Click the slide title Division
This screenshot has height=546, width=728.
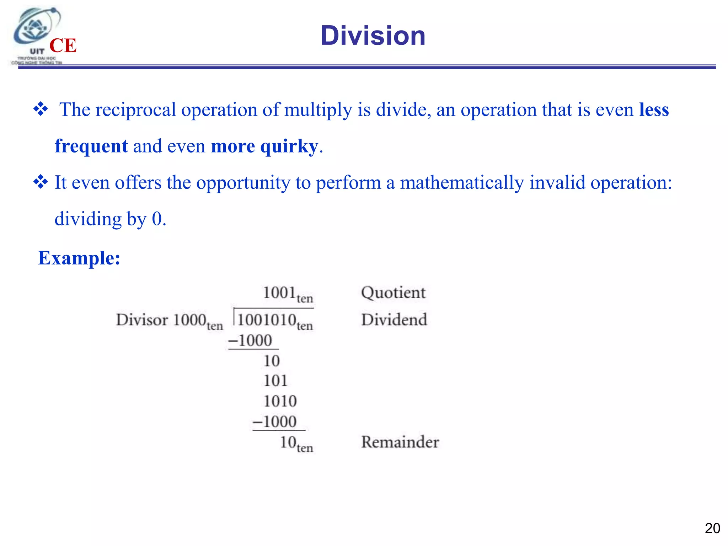pyautogui.click(x=373, y=36)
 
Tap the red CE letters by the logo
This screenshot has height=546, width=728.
pyautogui.click(x=63, y=45)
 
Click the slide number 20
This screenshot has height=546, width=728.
pyautogui.click(x=712, y=528)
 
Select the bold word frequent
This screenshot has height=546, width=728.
pyautogui.click(x=91, y=146)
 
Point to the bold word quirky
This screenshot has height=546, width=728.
pyautogui.click(x=289, y=146)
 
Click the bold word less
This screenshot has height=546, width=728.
pyautogui.click(x=654, y=109)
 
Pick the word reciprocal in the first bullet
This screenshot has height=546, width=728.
pyautogui.click(x=136, y=109)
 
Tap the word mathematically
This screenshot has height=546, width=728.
pyautogui.click(x=462, y=183)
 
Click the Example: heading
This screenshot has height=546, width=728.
pyautogui.click(x=79, y=258)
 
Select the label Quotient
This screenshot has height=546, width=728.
pyautogui.click(x=393, y=293)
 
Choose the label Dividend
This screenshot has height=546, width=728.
pyautogui.click(x=394, y=320)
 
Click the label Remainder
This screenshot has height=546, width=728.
pyautogui.click(x=400, y=442)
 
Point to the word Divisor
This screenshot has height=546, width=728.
pyautogui.click(x=142, y=320)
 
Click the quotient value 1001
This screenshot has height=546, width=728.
pyautogui.click(x=279, y=293)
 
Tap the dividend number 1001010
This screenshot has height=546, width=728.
pyautogui.click(x=267, y=320)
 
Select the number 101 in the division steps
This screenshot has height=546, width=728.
pyautogui.click(x=275, y=381)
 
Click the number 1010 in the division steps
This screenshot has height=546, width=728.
pyautogui.click(x=280, y=401)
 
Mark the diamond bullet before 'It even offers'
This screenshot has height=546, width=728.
pyautogui.click(x=41, y=182)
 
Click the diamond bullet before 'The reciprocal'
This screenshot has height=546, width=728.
pyautogui.click(x=41, y=109)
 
